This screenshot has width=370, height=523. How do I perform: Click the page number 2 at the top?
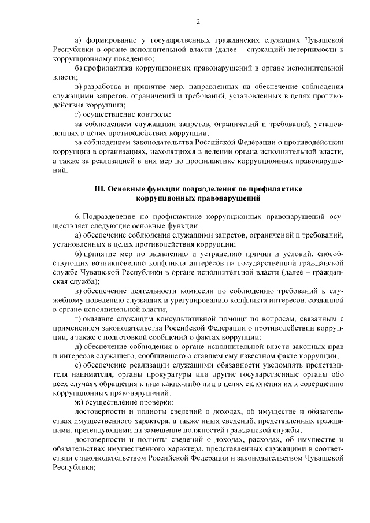[x=198, y=23]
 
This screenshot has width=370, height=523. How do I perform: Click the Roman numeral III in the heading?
[x=99, y=190]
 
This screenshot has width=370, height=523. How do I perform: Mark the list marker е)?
[x=79, y=365]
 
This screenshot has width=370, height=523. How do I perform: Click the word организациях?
[x=110, y=152]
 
